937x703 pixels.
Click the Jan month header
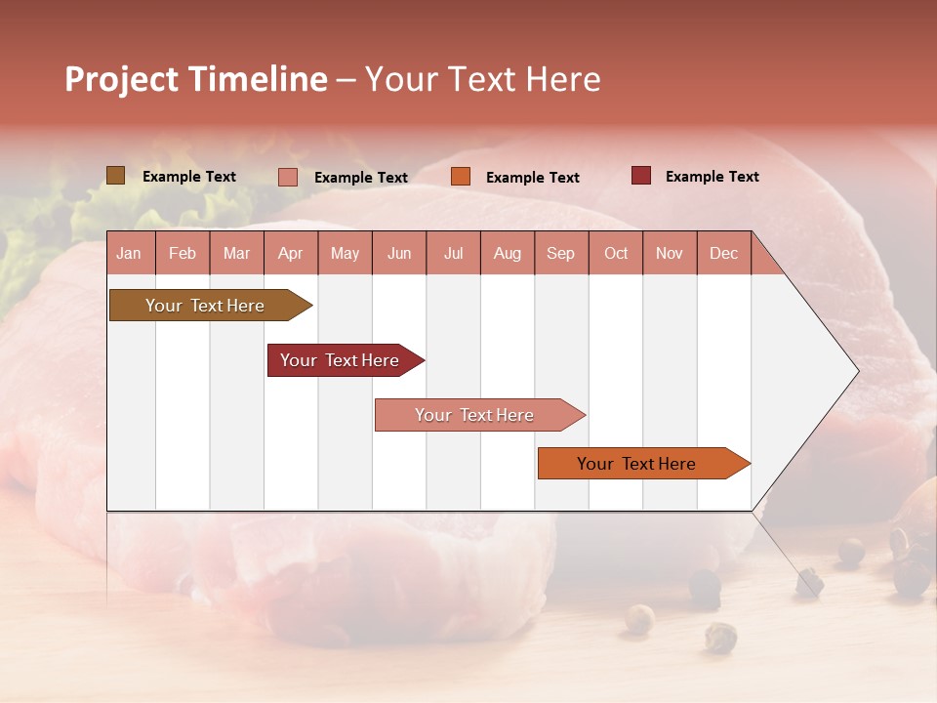tap(129, 253)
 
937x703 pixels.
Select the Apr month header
tap(290, 253)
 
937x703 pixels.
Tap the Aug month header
tap(507, 253)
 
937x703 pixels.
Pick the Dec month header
tap(723, 253)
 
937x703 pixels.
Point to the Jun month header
tap(398, 253)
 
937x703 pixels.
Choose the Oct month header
tap(615, 253)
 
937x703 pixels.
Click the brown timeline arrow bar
tap(205, 306)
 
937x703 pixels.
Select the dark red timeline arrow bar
tap(340, 360)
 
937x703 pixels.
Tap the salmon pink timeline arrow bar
tap(474, 415)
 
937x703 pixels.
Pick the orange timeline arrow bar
tap(636, 464)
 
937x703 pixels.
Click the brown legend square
tap(116, 176)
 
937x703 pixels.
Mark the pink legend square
tap(288, 177)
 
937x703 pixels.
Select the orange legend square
tap(461, 177)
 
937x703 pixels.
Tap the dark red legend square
tap(640, 176)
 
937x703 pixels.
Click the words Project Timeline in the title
tap(195, 79)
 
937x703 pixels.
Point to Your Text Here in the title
tap(482, 79)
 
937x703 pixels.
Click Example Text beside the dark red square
tap(712, 177)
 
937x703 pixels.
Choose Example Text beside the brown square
tap(188, 177)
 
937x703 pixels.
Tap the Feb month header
tap(183, 253)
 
